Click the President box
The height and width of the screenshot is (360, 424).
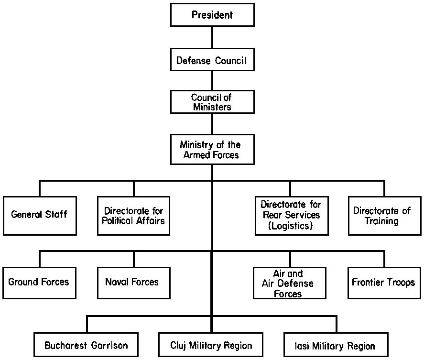(x=212, y=15)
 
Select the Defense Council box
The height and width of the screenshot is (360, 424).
(x=212, y=61)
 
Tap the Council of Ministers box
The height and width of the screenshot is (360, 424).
(x=212, y=102)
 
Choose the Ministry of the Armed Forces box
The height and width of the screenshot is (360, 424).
(x=212, y=150)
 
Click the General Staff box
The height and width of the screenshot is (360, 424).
(x=39, y=215)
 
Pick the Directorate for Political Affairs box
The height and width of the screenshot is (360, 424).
(x=133, y=215)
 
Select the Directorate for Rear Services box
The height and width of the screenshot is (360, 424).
(x=291, y=215)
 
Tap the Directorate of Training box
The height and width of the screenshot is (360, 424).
(x=384, y=215)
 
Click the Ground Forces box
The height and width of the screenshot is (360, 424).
(x=39, y=282)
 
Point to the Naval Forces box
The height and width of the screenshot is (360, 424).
(x=133, y=282)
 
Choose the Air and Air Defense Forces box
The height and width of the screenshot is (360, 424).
(x=289, y=283)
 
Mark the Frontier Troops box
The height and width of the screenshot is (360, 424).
(x=384, y=282)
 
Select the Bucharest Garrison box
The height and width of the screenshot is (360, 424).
(x=87, y=345)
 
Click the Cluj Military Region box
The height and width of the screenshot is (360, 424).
(x=211, y=345)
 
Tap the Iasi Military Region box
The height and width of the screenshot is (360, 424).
(x=336, y=345)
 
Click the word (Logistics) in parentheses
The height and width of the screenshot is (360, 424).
(x=291, y=226)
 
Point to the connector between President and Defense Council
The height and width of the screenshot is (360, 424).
(x=212, y=38)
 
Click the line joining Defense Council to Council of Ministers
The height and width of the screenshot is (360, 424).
(x=212, y=81)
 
